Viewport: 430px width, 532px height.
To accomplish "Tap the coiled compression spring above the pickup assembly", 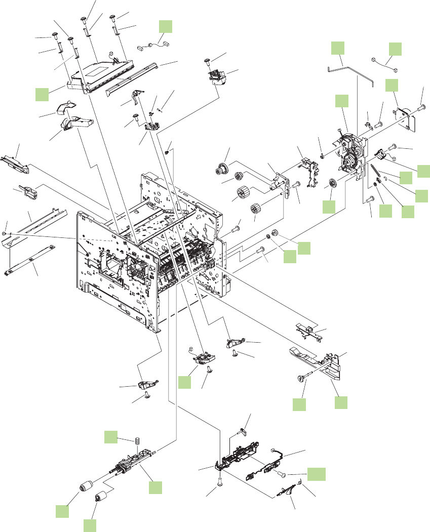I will pos(137,441).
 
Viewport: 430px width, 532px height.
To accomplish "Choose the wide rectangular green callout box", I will pos(317,474).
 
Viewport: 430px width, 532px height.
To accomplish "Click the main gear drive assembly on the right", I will pos(350,152).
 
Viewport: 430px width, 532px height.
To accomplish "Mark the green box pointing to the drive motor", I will pos(391,85).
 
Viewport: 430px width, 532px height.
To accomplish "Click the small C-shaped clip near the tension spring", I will pos(385,178).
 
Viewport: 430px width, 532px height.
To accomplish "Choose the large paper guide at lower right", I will pos(319,362).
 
